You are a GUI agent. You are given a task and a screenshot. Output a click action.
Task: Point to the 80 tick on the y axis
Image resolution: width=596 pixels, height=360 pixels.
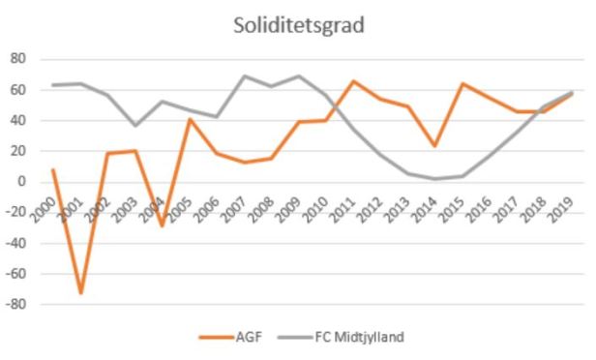[x=16, y=59]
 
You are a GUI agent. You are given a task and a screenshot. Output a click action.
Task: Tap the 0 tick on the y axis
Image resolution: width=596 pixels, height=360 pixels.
[x=20, y=182]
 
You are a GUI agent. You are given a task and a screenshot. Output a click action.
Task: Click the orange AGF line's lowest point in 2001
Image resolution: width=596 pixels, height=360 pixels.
[x=80, y=292]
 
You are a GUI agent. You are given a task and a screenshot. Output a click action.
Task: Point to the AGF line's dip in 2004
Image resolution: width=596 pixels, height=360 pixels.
[x=162, y=225]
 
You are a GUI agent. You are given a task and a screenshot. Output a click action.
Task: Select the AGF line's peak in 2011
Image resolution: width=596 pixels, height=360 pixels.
[x=353, y=81]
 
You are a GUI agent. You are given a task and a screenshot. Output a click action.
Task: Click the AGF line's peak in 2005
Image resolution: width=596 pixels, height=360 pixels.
[x=190, y=119]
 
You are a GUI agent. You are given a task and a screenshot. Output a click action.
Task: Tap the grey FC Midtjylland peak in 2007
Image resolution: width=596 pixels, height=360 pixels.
[x=244, y=75]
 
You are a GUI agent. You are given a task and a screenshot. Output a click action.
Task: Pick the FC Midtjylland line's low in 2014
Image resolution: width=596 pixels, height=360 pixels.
[x=435, y=178]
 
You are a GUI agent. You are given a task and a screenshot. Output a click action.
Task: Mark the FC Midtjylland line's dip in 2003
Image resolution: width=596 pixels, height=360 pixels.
[x=134, y=125]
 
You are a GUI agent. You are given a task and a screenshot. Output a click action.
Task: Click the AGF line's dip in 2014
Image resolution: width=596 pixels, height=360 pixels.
[x=435, y=145]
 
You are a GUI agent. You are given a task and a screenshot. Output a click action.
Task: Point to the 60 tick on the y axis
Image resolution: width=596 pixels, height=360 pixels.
[x=16, y=90]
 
